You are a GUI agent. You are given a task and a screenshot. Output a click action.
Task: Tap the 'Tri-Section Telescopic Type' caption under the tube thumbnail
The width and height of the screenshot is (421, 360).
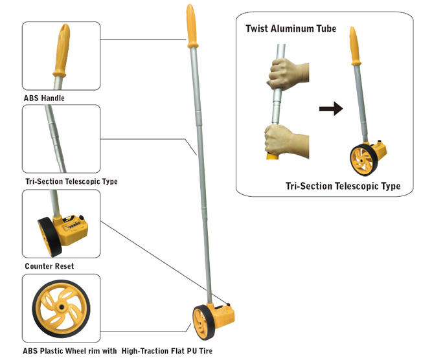(70, 182)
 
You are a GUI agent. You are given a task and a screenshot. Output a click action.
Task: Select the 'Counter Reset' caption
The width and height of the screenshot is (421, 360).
(49, 266)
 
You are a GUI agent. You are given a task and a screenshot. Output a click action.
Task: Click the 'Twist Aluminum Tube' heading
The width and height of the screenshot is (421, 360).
(291, 29)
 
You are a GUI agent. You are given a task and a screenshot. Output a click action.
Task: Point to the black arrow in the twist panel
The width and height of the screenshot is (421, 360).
(330, 109)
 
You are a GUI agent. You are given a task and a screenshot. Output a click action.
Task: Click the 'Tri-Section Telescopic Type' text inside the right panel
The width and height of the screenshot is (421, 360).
(343, 186)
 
